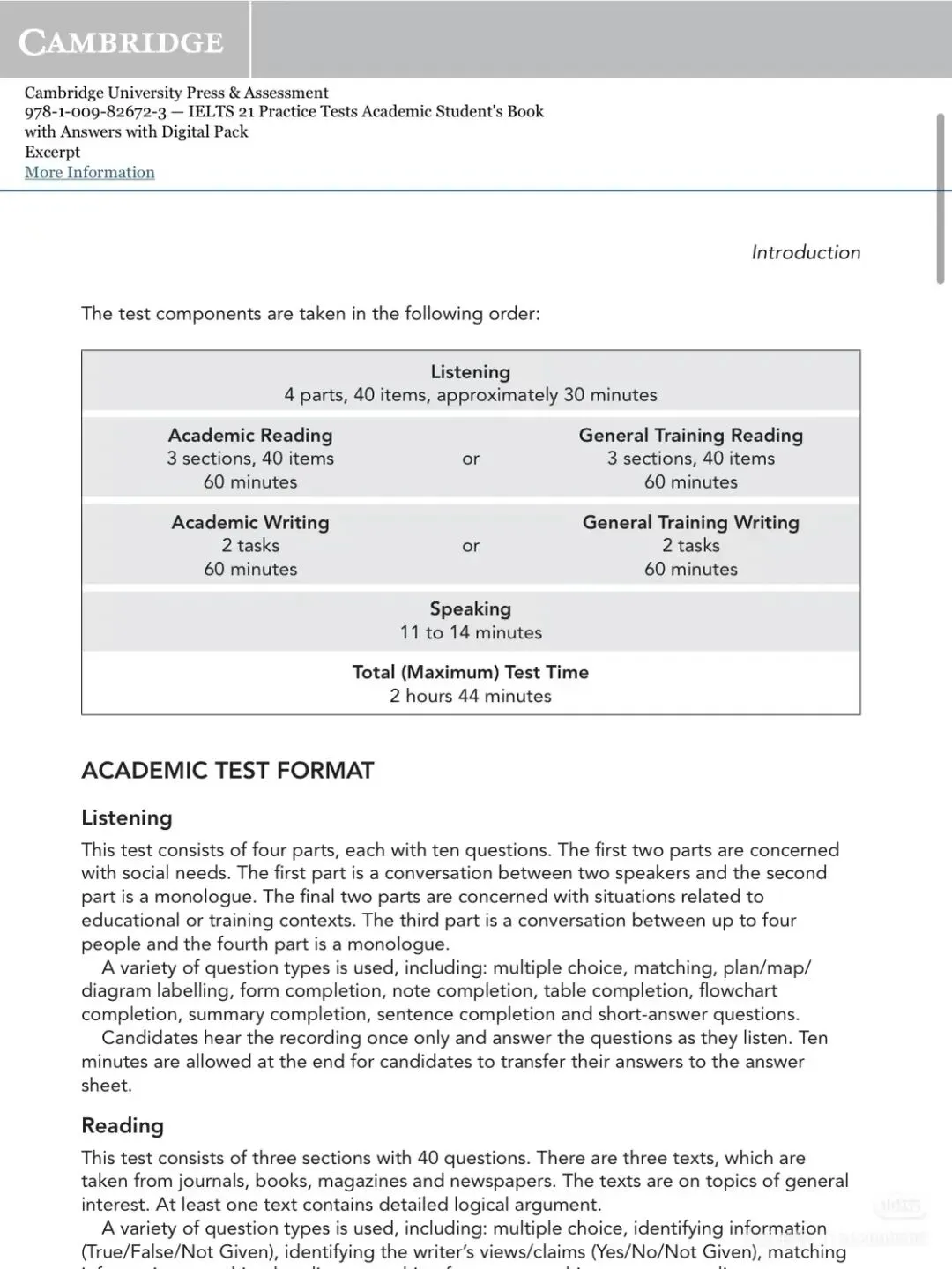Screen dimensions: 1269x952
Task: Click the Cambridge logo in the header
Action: coord(122,41)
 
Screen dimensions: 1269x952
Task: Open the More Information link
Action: coord(89,173)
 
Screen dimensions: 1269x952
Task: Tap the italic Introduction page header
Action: coord(806,252)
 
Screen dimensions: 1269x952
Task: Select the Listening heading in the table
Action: coord(470,372)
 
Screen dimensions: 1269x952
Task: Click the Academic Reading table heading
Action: coord(250,435)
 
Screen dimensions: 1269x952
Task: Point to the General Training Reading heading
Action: coord(690,435)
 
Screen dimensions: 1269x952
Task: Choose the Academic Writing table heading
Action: coord(250,522)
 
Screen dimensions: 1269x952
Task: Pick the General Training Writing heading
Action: coord(690,522)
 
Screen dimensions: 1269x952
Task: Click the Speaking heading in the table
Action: coord(470,608)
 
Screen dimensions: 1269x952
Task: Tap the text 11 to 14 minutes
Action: coord(471,632)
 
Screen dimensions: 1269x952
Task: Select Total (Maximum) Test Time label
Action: coord(470,672)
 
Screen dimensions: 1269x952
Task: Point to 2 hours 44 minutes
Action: coord(470,696)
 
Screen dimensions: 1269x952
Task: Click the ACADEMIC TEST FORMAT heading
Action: coord(227,771)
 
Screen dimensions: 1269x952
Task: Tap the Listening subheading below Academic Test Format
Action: coord(126,817)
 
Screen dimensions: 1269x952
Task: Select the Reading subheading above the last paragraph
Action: coord(123,1125)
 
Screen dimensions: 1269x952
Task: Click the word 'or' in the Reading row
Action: coord(471,459)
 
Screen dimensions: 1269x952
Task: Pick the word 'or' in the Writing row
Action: coord(471,546)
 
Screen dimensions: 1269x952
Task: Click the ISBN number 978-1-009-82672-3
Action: coord(95,112)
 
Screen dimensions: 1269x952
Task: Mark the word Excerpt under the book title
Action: coord(52,152)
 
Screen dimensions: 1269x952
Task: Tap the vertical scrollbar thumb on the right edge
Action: coord(940,198)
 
